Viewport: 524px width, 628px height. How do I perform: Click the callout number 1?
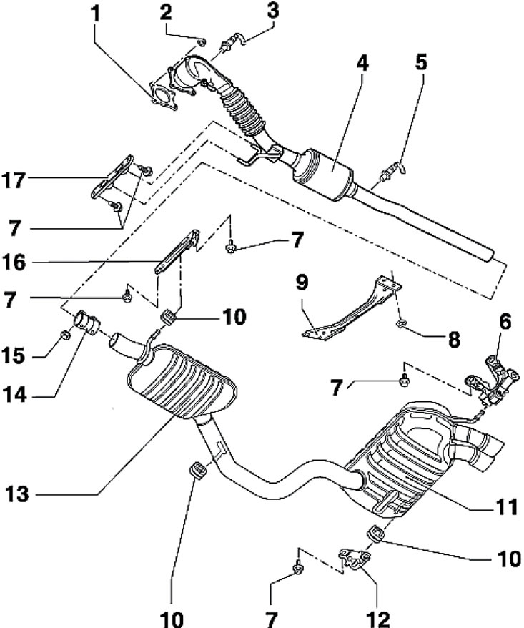94,14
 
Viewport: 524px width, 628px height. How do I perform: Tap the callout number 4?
362,63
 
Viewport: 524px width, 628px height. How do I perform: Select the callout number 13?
17,494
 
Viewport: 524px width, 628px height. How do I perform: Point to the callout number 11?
506,507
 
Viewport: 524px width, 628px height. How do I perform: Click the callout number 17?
14,180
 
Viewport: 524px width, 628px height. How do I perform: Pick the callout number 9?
302,283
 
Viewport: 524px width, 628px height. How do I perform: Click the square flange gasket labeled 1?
163,97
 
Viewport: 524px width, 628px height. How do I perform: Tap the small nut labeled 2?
202,41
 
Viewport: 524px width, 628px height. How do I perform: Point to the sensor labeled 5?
392,170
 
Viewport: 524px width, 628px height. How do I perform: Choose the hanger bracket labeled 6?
493,381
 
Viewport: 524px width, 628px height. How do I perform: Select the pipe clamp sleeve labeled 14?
86,323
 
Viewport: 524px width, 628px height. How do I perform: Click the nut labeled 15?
65,335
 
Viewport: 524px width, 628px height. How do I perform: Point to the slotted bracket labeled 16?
177,251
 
